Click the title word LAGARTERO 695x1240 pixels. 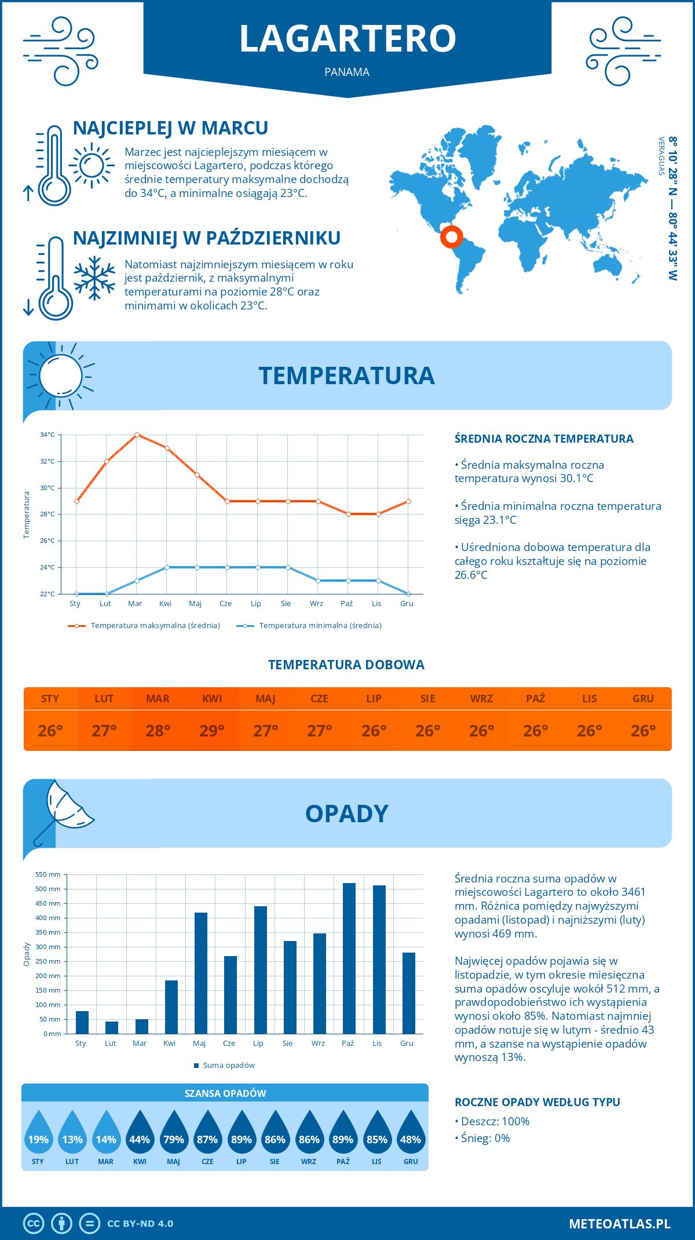[x=348, y=38]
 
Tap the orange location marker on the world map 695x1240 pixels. [x=451, y=236]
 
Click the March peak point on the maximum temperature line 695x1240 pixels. [x=137, y=435]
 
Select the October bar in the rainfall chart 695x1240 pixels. [x=349, y=958]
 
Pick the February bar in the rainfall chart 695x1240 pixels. [x=112, y=1027]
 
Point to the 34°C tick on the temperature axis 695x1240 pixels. [x=47, y=435]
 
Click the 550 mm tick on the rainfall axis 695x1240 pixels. [x=49, y=874]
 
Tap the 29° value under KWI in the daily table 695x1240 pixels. [x=212, y=731]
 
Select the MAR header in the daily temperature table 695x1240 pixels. [x=158, y=699]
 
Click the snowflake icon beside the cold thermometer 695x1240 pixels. [x=94, y=278]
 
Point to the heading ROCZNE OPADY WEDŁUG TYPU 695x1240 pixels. [x=537, y=1102]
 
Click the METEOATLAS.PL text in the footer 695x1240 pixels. [x=619, y=1224]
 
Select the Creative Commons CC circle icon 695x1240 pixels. [x=34, y=1224]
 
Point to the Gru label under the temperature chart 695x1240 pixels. [x=407, y=604]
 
